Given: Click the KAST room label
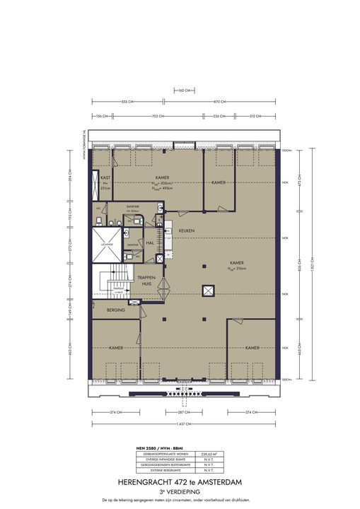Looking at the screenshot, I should [x=104, y=177].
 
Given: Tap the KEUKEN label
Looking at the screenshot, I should [x=187, y=231].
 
